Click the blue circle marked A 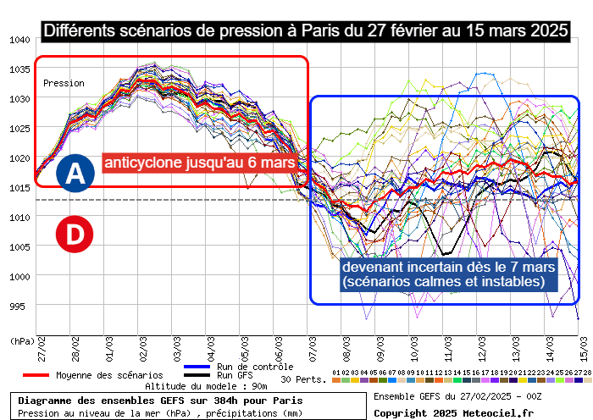tap(75, 174)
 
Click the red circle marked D tap(75, 235)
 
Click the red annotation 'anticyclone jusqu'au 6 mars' tap(200, 162)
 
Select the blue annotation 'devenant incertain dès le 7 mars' tap(448, 267)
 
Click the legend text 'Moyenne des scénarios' tap(109, 375)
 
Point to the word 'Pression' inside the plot tap(64, 84)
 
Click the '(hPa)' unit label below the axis tap(22, 340)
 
